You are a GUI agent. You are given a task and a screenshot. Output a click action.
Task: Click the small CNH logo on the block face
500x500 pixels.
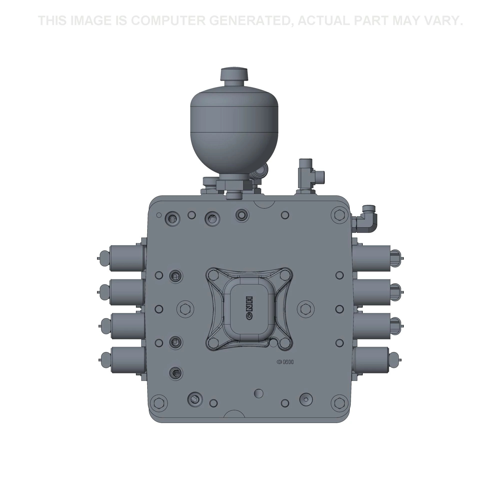coord(285,362)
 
